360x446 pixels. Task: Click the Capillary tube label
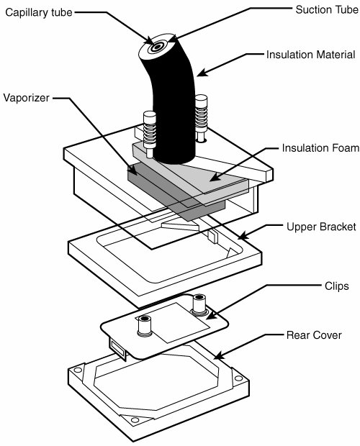39,12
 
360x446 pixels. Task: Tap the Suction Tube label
327,9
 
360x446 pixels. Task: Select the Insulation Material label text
311,55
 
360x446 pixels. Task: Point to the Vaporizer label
26,98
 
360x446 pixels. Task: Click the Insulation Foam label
320,148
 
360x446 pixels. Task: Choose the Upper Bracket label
321,227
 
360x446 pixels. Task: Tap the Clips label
337,286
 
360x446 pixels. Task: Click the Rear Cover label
314,335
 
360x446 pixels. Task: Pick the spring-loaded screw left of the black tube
150,133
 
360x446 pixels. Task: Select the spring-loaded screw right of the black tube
201,118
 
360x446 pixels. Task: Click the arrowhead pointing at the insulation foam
215,178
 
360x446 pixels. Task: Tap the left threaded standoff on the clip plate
144,325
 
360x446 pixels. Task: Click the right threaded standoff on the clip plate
199,305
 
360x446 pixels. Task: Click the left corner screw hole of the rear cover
78,370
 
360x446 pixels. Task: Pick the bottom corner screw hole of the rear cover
135,420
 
